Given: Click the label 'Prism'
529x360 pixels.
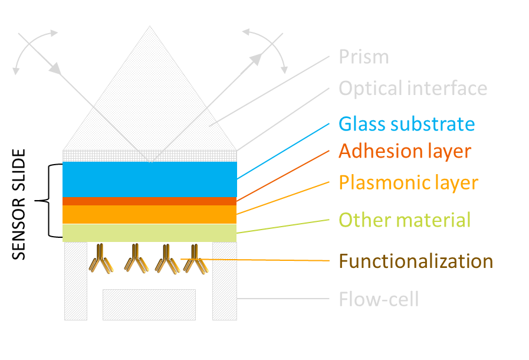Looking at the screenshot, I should [364, 57].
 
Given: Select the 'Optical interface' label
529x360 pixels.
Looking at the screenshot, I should [413, 89].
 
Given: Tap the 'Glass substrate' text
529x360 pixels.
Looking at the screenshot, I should [406, 124].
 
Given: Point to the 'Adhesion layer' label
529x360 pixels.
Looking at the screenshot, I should [405, 151].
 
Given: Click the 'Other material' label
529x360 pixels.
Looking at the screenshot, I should [405, 220].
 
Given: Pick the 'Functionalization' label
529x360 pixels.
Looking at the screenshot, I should [416, 260].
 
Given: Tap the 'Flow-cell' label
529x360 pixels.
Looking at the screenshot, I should [379, 299].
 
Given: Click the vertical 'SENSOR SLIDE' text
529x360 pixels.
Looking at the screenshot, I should [19, 204].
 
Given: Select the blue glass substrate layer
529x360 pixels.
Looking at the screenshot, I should [150, 179].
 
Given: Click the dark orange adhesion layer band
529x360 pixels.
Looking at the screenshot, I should [150, 201].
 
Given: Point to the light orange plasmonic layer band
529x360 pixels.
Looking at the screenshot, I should [150, 214].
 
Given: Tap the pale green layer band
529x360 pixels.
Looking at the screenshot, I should [150, 233].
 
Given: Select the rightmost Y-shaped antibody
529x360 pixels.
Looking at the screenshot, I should [194, 260].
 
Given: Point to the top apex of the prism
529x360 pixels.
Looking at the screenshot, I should [150, 27].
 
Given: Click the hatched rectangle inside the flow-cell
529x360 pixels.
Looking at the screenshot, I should [149, 305].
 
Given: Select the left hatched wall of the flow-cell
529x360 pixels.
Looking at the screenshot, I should [75, 281].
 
